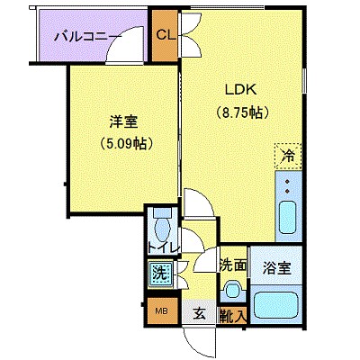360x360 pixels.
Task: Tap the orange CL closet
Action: [165, 35]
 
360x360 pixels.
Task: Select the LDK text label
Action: [241, 89]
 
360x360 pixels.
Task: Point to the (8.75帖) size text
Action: [241, 113]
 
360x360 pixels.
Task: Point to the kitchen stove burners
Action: [288, 187]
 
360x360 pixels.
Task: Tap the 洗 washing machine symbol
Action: [158, 272]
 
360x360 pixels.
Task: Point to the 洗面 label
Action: [232, 266]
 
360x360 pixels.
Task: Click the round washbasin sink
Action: [232, 291]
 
